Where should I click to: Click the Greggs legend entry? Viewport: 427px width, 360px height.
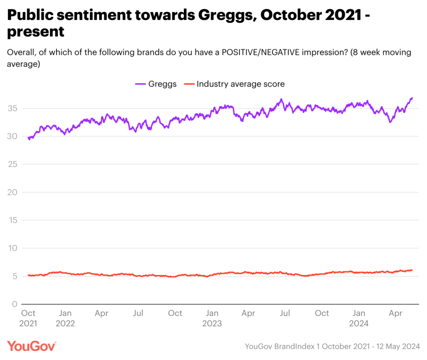156,84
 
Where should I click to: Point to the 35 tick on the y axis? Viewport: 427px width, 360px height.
13,108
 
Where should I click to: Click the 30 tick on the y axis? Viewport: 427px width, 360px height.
13,136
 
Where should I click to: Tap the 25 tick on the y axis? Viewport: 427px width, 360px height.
13,164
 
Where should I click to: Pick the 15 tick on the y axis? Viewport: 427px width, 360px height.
13,220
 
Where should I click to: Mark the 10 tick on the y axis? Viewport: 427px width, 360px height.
13,248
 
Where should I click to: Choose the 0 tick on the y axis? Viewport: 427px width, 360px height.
15,304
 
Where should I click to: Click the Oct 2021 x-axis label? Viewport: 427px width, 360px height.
28,318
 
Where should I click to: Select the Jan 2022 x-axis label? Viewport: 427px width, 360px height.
65,318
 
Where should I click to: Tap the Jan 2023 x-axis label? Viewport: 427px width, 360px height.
212,318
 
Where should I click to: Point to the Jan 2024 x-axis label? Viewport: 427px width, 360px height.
359,318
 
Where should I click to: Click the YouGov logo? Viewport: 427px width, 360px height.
32,346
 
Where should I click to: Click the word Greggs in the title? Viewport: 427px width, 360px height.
226,16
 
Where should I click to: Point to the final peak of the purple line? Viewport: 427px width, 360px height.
412,97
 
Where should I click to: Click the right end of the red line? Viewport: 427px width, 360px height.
412,270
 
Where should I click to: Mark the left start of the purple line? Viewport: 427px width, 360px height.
28,138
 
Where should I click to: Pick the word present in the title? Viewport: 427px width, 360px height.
36,32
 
